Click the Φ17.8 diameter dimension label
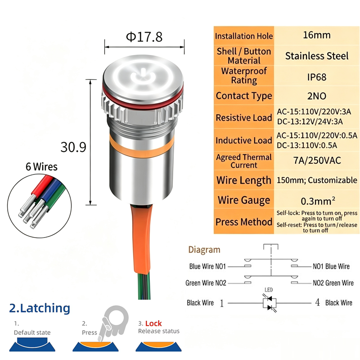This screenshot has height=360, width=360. point(144,37)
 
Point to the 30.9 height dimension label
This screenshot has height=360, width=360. point(73,147)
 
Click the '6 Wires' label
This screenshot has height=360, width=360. point(41,166)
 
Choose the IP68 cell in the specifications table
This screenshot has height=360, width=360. point(317,77)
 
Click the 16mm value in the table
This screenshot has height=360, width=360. point(317,35)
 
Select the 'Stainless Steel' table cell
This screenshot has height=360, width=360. point(317,56)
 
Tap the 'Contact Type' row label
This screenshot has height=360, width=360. point(244,96)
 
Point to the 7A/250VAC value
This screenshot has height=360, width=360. point(317,161)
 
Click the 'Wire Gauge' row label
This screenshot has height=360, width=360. point(244,200)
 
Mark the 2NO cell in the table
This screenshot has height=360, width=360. point(317,96)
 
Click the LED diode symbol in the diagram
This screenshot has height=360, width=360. point(270,303)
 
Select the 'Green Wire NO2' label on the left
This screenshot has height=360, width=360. point(206,283)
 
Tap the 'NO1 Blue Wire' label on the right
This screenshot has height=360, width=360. point(331,266)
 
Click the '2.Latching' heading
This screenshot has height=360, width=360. point(40,308)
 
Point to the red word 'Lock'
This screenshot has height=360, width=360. point(153,324)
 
